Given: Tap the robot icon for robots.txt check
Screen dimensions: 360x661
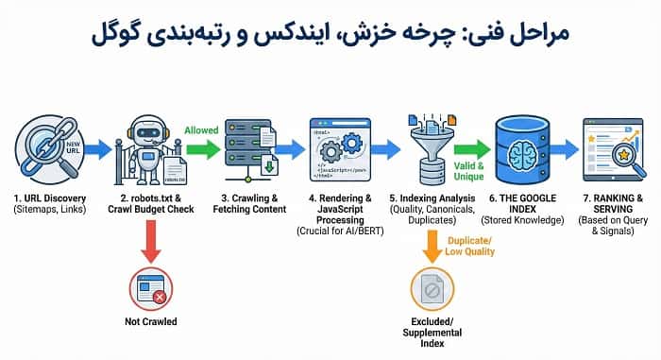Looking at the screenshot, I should tap(151, 149).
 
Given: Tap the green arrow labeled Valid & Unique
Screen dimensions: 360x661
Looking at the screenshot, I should tap(478, 148).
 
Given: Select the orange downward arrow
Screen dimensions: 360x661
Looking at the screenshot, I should tap(430, 243).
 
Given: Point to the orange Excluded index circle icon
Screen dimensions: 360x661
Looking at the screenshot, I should tap(430, 291).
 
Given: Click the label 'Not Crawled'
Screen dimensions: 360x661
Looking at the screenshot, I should tap(151, 322).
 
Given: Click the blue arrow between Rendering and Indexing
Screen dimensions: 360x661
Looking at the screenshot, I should tap(385, 148).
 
